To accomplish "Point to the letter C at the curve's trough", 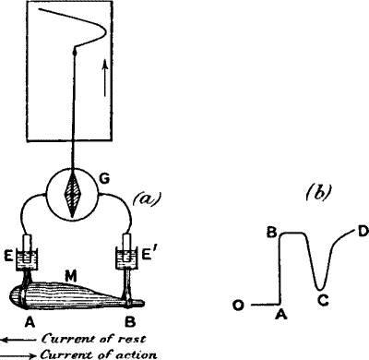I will tap(320, 297).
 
